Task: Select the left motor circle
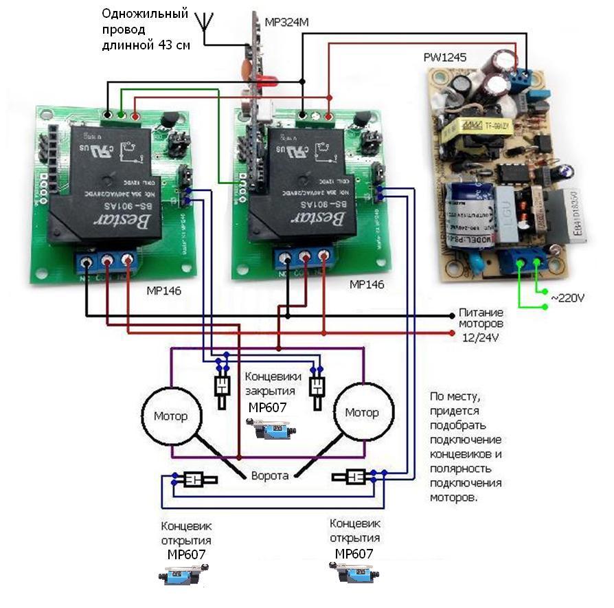tap(171, 414)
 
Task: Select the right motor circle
tap(362, 413)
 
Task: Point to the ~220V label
tap(567, 300)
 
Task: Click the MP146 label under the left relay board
tap(163, 291)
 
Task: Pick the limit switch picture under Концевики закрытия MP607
tap(273, 431)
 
